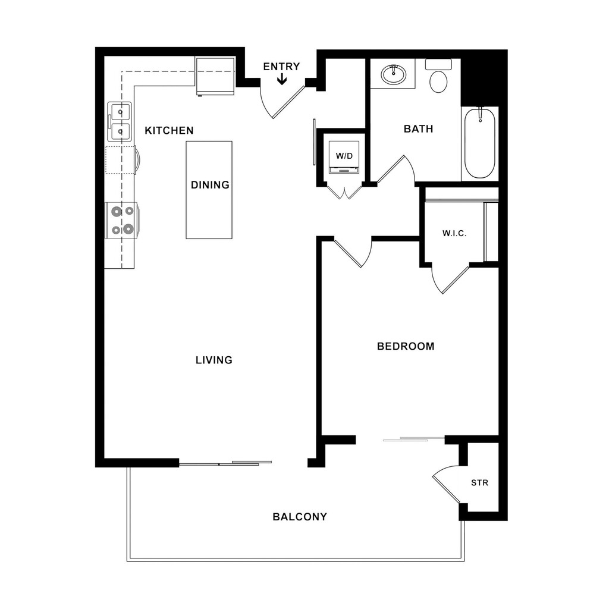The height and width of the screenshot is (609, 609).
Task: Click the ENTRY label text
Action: coord(281,67)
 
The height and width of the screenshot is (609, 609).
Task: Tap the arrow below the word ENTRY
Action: coord(281,80)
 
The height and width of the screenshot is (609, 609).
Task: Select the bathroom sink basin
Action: coord(394,74)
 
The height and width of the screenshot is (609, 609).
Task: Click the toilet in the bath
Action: coord(438,76)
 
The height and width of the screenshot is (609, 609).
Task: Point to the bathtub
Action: coord(480,143)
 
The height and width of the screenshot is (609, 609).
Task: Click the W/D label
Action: coord(344,156)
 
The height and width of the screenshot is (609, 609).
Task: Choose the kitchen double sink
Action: coord(120,121)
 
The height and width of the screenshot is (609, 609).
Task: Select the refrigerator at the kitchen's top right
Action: coord(215,77)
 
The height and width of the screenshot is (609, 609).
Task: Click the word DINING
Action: coord(210,185)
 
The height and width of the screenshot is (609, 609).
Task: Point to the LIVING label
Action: coord(214,360)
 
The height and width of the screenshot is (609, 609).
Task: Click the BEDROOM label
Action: coord(406,346)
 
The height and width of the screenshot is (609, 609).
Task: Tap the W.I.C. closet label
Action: coord(454,233)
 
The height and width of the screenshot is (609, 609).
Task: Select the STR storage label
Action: coord(480,483)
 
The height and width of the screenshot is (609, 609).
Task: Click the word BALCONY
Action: coord(300,517)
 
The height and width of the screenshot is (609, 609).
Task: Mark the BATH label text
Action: coord(418,128)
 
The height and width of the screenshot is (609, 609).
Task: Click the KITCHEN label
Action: coord(169,130)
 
